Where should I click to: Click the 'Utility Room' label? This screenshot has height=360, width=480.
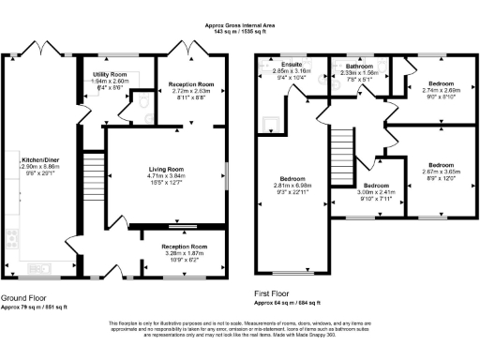coord(109,73)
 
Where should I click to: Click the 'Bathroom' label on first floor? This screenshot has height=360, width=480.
coord(359,67)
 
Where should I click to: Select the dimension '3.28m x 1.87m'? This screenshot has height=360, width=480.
coord(168,253)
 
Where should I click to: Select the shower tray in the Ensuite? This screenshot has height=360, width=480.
coord(271,121)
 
